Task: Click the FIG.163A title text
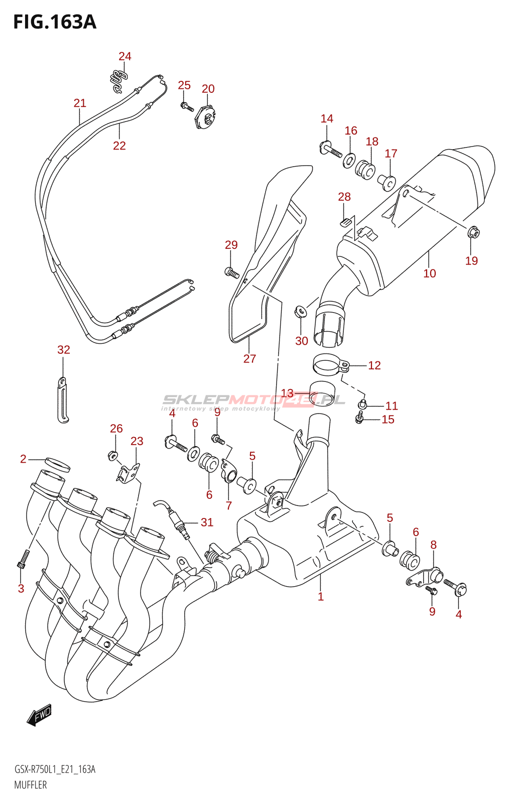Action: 55,22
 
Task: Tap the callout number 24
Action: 125,56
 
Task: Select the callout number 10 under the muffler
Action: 429,273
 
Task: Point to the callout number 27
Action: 249,358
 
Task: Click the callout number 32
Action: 63,349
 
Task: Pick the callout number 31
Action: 207,522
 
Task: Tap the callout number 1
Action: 321,597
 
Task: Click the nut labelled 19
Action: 474,233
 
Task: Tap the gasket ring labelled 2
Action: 57,465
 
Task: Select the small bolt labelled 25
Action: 187,106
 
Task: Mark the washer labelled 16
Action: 349,160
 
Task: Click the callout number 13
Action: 287,393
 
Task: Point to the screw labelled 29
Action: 232,273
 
